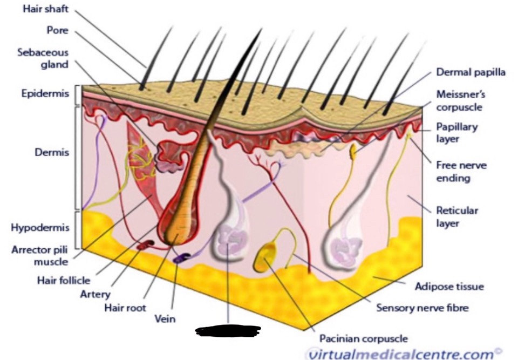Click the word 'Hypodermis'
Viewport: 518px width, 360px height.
pyautogui.click(x=39, y=227)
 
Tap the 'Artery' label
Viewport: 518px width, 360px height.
pyautogui.click(x=94, y=294)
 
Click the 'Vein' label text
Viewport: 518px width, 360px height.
pyautogui.click(x=165, y=319)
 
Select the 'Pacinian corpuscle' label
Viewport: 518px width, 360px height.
pyautogui.click(x=363, y=339)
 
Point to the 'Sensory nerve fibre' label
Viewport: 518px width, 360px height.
pyautogui.click(x=422, y=308)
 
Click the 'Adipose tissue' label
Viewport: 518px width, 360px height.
pyautogui.click(x=449, y=286)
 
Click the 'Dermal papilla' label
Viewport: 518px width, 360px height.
pyautogui.click(x=471, y=72)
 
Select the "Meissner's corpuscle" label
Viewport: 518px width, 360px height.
pyautogui.click(x=460, y=100)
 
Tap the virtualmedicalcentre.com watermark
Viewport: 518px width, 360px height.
pyautogui.click(x=399, y=354)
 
